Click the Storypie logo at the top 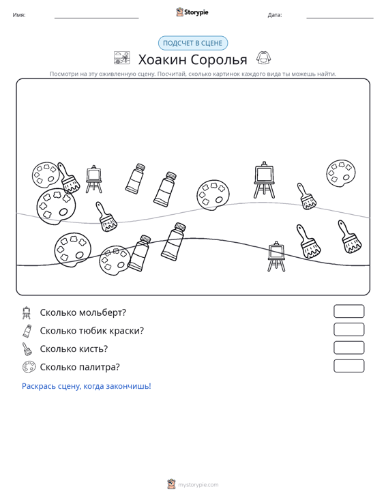[x=192, y=12]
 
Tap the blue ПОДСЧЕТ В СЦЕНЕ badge [x=193, y=43]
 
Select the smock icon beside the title [x=264, y=58]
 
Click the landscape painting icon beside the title [x=122, y=58]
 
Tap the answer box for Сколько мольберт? [x=348, y=311]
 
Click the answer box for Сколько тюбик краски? [x=348, y=329]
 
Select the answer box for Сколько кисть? [x=348, y=348]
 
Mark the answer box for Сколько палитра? [x=348, y=366]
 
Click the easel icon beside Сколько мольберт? [x=27, y=313]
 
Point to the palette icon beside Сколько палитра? [x=29, y=367]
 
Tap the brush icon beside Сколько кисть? [x=27, y=349]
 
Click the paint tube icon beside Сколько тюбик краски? [x=27, y=331]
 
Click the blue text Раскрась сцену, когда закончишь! [x=87, y=386]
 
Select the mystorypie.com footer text [x=198, y=485]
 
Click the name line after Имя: [x=97, y=18]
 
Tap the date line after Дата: [x=340, y=18]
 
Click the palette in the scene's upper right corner [x=341, y=173]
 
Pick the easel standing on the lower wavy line [x=276, y=256]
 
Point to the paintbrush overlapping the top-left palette [x=68, y=178]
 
